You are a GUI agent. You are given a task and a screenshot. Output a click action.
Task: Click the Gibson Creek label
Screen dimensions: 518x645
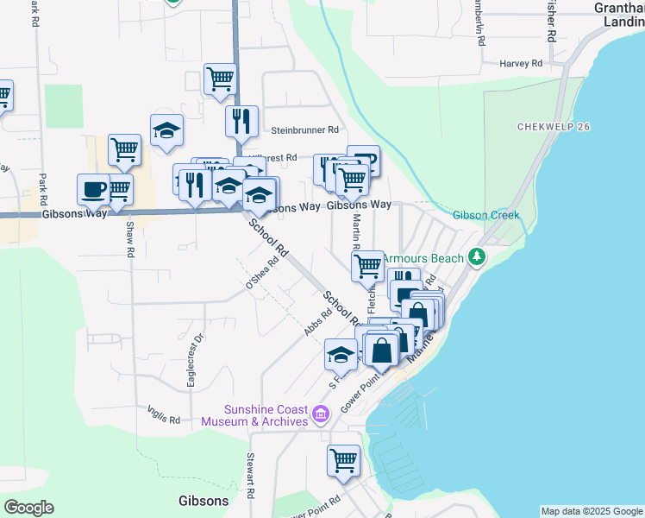click(x=487, y=215)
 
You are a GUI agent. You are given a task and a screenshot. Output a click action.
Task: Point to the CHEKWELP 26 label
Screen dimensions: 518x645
click(x=554, y=127)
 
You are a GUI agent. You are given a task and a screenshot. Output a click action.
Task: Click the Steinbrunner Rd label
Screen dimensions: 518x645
click(x=305, y=130)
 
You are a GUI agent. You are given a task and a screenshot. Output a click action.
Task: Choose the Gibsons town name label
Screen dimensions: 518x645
click(x=204, y=501)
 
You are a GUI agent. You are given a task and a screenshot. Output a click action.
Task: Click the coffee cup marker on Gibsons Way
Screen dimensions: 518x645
click(x=93, y=190)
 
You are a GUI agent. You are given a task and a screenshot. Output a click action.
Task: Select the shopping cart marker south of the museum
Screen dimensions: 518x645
click(x=343, y=460)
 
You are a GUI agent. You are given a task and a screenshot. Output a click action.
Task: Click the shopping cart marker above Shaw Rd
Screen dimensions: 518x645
click(x=125, y=149)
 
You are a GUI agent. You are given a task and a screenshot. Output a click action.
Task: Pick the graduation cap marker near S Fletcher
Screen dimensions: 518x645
click(x=341, y=353)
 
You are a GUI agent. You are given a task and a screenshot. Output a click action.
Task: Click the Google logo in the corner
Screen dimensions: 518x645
click(x=28, y=508)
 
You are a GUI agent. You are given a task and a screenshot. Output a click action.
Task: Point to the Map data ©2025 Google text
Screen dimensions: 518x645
click(x=592, y=511)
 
